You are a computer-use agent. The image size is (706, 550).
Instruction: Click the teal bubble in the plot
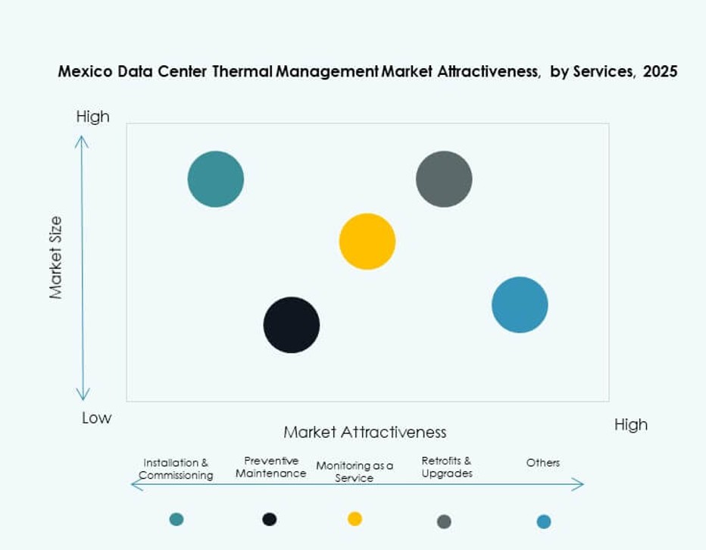pyautogui.click(x=216, y=179)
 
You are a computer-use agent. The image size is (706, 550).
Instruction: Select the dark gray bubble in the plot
pyautogui.click(x=444, y=179)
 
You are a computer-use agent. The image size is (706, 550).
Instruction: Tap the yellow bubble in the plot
pyautogui.click(x=367, y=242)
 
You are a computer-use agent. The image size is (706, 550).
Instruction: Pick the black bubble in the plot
pyautogui.click(x=292, y=325)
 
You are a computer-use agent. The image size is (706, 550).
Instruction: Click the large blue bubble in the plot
pyautogui.click(x=520, y=305)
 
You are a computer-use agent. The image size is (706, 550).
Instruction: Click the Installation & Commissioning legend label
pyautogui.click(x=176, y=469)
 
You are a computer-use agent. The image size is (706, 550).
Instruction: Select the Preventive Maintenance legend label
pyautogui.click(x=270, y=467)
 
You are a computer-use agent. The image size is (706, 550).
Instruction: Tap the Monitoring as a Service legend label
pyautogui.click(x=355, y=471)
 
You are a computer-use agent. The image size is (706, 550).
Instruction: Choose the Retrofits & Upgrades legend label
pyautogui.click(x=447, y=467)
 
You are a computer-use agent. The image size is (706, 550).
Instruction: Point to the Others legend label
pyautogui.click(x=543, y=462)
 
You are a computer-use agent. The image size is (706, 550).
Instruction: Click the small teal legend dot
pyautogui.click(x=176, y=519)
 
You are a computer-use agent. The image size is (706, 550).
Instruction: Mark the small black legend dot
pyautogui.click(x=270, y=519)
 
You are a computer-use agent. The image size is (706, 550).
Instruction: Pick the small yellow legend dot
pyautogui.click(x=355, y=518)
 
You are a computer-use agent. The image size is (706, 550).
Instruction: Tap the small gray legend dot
pyautogui.click(x=445, y=521)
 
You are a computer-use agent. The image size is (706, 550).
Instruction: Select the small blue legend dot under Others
pyautogui.click(x=544, y=521)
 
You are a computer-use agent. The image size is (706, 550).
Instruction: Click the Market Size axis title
pyautogui.click(x=56, y=258)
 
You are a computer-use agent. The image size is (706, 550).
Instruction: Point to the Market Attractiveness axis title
pyautogui.click(x=364, y=432)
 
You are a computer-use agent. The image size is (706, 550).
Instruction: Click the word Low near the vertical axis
pyautogui.click(x=96, y=417)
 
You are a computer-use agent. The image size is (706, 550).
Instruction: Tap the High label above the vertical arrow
pyautogui.click(x=92, y=117)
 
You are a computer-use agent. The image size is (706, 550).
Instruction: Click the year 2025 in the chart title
pyautogui.click(x=660, y=72)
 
